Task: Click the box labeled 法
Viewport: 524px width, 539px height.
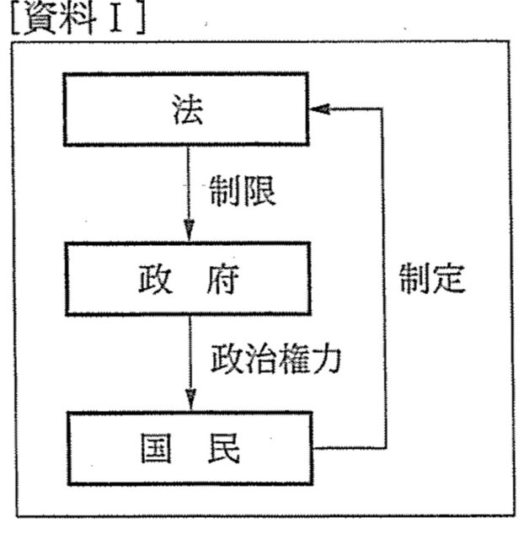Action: tap(186, 109)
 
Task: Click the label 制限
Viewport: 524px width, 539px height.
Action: tap(243, 193)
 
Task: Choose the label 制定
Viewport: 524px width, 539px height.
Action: tap(432, 280)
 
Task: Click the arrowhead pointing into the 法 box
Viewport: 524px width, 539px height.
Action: tap(319, 109)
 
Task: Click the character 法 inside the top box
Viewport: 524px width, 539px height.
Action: tap(186, 110)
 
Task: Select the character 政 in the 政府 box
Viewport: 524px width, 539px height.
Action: tap(155, 280)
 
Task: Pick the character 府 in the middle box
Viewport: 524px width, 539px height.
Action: tap(222, 280)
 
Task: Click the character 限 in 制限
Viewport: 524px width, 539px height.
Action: tap(259, 193)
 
